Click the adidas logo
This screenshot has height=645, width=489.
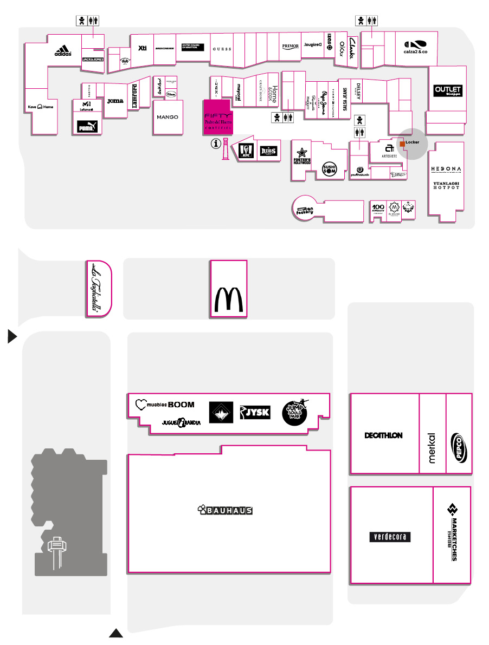tap(63, 52)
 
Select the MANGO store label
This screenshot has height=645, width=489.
tap(168, 117)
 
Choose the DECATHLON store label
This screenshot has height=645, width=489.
tap(383, 435)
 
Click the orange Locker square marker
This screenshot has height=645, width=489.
tap(402, 144)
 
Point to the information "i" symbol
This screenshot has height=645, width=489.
tap(217, 144)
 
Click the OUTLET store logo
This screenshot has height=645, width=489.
tap(448, 90)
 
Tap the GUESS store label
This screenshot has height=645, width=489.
tap(221, 49)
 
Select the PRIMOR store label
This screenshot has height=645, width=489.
tap(291, 47)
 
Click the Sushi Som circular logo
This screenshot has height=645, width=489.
tap(330, 169)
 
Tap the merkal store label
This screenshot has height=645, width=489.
tap(432, 447)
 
